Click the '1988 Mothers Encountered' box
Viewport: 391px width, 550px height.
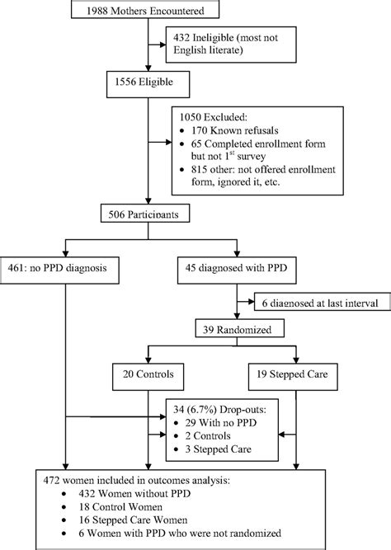coord(145,9)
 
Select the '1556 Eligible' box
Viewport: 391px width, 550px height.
coord(148,84)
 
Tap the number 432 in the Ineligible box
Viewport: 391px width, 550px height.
coord(181,38)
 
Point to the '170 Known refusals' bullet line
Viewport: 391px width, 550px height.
coord(235,130)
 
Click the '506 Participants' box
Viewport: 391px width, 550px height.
coord(145,213)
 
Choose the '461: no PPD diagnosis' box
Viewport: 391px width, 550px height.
coord(59,270)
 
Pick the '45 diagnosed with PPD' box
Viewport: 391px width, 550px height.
coord(237,270)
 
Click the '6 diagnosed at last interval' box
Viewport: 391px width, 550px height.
coord(323,301)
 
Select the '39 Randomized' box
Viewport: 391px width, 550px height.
coord(240,328)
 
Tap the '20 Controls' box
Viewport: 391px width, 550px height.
coord(148,377)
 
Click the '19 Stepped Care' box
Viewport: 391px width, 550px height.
coord(293,377)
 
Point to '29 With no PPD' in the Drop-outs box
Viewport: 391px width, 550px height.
coord(221,423)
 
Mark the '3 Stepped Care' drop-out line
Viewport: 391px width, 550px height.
coord(219,449)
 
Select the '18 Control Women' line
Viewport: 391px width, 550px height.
coord(120,507)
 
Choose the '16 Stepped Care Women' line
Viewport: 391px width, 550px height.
coord(133,519)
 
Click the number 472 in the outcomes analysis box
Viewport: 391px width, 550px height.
coord(51,480)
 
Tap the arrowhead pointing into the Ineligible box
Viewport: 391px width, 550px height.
coord(163,45)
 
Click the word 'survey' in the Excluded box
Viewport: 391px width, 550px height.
coord(252,157)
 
